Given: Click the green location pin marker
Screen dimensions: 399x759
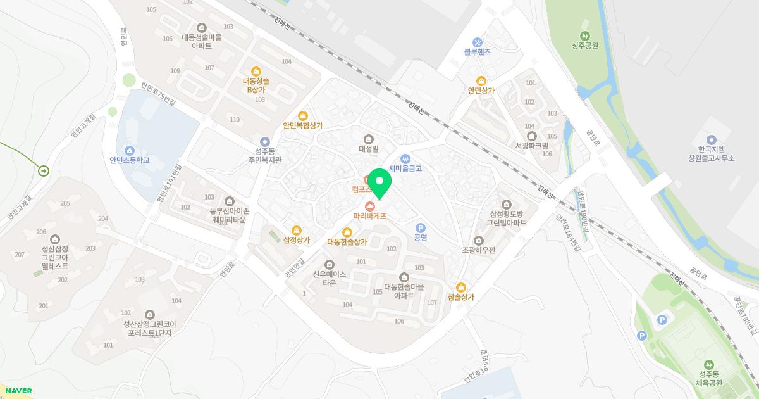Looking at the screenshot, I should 379,183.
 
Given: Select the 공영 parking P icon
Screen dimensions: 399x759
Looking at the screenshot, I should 420,228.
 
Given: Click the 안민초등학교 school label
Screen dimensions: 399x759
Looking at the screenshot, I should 129,160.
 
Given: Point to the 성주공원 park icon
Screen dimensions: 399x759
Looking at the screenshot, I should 585,35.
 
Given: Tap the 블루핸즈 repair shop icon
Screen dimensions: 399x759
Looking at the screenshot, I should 478,42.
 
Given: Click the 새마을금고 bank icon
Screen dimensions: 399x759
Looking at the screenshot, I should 405,158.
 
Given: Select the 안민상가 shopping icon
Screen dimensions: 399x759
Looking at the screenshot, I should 481,80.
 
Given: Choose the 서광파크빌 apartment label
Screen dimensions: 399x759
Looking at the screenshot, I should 531,145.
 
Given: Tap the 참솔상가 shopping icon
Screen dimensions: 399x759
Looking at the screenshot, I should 460,287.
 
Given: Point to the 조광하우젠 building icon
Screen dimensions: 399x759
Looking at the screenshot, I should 478,240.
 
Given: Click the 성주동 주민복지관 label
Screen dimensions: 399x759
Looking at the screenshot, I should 264,156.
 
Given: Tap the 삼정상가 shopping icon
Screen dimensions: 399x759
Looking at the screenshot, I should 297,231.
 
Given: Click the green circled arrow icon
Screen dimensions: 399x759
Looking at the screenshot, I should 44,170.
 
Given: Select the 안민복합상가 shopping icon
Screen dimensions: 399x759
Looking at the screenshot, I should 302,115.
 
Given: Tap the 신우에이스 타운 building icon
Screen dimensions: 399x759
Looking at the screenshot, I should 329,264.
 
